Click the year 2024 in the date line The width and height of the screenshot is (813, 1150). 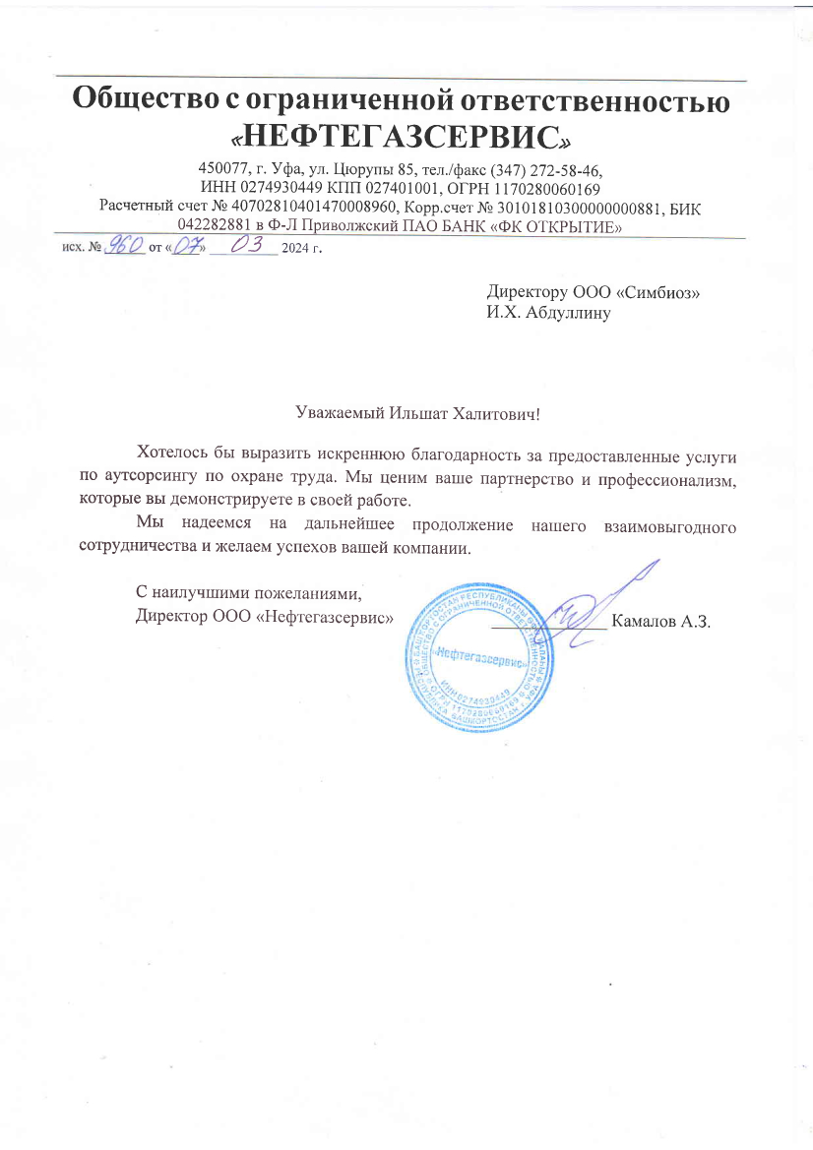(x=295, y=248)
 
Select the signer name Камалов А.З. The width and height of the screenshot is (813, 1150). (x=660, y=621)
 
